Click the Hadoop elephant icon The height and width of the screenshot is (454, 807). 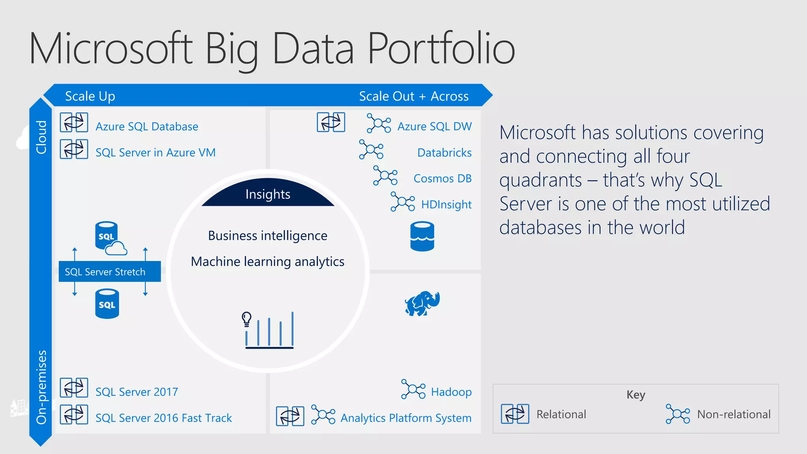(x=422, y=303)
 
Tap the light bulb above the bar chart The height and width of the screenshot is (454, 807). (x=247, y=318)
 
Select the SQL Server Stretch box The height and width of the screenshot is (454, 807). (x=110, y=272)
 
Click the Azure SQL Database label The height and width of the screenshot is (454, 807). (x=147, y=127)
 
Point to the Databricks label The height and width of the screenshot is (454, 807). (x=444, y=153)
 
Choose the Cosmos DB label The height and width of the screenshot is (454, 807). (x=442, y=179)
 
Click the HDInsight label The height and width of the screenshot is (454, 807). (x=446, y=205)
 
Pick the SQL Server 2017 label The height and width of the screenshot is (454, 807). (x=137, y=392)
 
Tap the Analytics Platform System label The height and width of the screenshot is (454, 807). (x=406, y=418)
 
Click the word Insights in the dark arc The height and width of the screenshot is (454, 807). (x=268, y=194)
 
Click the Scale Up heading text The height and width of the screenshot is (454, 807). (x=90, y=96)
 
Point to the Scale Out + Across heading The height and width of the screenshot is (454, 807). (x=413, y=96)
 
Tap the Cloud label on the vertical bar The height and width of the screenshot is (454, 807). (x=41, y=137)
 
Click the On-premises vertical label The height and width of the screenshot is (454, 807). (x=41, y=387)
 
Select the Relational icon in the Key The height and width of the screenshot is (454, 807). (x=515, y=414)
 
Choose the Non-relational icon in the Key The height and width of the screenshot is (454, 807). (x=678, y=414)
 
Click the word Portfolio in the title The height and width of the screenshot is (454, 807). (x=441, y=49)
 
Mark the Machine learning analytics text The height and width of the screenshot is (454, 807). (x=268, y=262)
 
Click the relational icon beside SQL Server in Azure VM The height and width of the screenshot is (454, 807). (x=74, y=149)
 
